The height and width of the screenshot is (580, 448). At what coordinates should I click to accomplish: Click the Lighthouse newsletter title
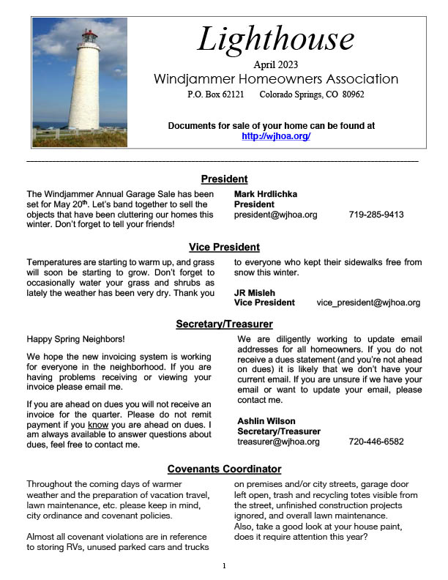pyautogui.click(x=275, y=40)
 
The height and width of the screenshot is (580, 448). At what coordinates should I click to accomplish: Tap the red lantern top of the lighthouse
pyautogui.click(x=89, y=37)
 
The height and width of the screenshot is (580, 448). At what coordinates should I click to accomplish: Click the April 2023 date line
pyautogui.click(x=276, y=64)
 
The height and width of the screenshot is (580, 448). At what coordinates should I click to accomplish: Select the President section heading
pyautogui.click(x=224, y=179)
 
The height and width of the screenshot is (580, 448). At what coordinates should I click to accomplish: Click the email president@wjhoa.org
pyautogui.click(x=276, y=215)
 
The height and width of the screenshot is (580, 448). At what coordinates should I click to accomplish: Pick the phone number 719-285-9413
pyautogui.click(x=376, y=215)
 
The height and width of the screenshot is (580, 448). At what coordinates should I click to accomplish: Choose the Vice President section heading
pyautogui.click(x=224, y=247)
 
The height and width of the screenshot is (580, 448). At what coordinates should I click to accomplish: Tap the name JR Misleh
pyautogui.click(x=255, y=292)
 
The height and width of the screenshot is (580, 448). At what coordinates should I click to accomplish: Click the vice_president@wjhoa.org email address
pyautogui.click(x=368, y=302)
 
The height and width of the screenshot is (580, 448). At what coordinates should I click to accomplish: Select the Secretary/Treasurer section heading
pyautogui.click(x=224, y=324)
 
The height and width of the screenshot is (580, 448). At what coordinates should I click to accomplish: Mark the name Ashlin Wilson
pyautogui.click(x=266, y=421)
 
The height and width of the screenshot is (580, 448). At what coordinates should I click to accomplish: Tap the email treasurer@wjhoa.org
pyautogui.click(x=278, y=442)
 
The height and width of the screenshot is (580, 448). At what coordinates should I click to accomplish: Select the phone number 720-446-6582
pyautogui.click(x=376, y=442)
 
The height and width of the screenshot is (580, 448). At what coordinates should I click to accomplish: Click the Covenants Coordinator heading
pyautogui.click(x=224, y=469)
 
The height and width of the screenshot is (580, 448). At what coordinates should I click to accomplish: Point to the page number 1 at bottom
pyautogui.click(x=224, y=566)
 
